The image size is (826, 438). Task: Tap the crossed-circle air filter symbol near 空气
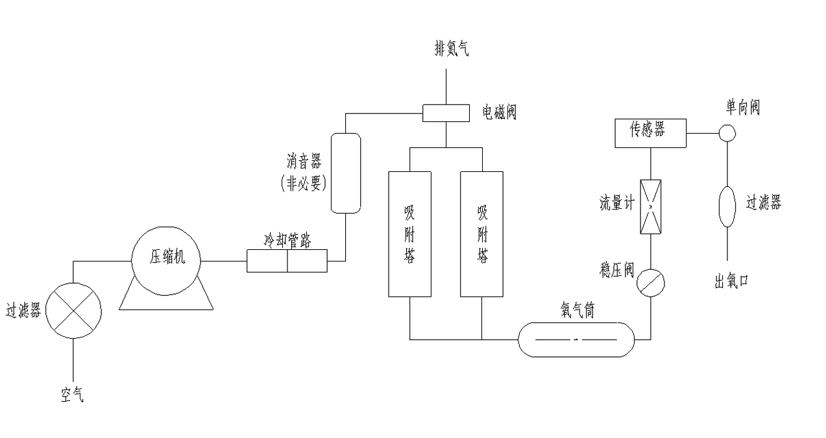pyautogui.click(x=75, y=310)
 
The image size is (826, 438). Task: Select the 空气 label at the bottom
pyautogui.click(x=72, y=394)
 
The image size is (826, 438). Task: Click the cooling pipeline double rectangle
pyautogui.click(x=287, y=262)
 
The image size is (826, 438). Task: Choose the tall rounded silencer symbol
pyautogui.click(x=345, y=173)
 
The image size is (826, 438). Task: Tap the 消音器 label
pyautogui.click(x=304, y=160)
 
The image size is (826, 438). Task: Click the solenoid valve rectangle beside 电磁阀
pyautogui.click(x=446, y=113)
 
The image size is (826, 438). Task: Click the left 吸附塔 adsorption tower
pyautogui.click(x=409, y=233)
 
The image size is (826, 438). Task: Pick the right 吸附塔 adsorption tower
pyautogui.click(x=481, y=233)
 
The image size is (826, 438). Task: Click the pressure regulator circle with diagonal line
pyautogui.click(x=650, y=283)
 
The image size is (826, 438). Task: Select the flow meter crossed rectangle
pyautogui.click(x=650, y=206)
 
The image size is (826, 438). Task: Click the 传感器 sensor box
pyautogui.click(x=650, y=132)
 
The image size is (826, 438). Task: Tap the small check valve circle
pyautogui.click(x=727, y=133)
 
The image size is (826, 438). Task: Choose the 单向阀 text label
pyautogui.click(x=742, y=108)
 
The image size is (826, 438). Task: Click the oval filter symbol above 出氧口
pyautogui.click(x=727, y=206)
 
